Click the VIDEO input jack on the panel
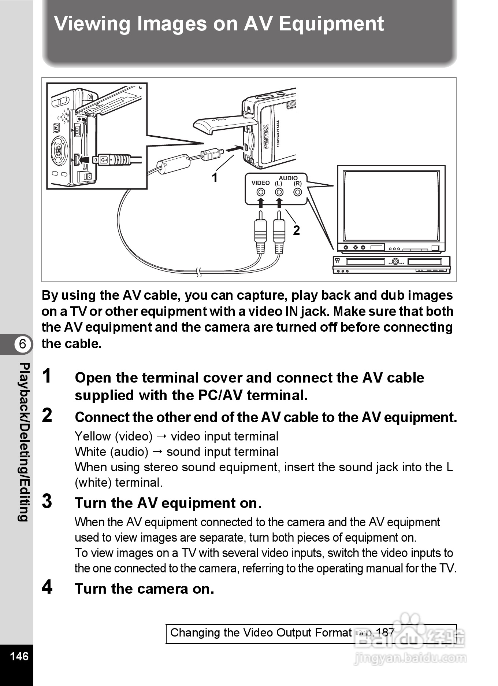click(x=261, y=192)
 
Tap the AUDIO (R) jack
click(x=298, y=192)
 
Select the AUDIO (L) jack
click(x=279, y=192)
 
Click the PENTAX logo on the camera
click(x=266, y=136)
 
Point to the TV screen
click(x=391, y=206)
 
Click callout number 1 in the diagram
click(x=215, y=178)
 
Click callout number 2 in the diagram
click(x=296, y=230)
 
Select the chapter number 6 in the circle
click(x=23, y=344)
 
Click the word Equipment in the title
click(x=331, y=24)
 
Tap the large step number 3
click(x=47, y=501)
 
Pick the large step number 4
click(x=47, y=587)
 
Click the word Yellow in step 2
click(x=93, y=436)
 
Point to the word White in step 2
click(x=91, y=452)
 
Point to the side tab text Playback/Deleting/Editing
click(x=23, y=442)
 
